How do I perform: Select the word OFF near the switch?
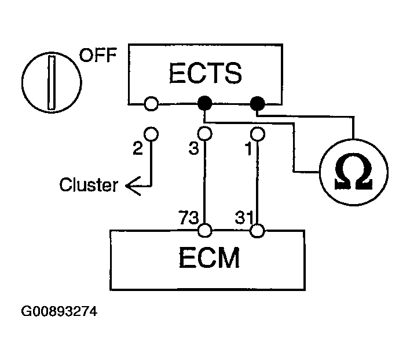click(97, 56)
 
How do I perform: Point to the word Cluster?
click(89, 186)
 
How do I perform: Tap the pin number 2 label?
click(137, 148)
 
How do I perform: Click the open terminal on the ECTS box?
click(151, 104)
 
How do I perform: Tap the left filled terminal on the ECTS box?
click(204, 104)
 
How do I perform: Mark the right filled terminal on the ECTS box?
click(258, 104)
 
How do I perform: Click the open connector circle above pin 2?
click(151, 133)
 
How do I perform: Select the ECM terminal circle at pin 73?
click(204, 231)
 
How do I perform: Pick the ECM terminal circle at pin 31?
click(258, 231)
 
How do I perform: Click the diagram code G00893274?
click(58, 311)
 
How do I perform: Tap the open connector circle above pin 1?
click(258, 133)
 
